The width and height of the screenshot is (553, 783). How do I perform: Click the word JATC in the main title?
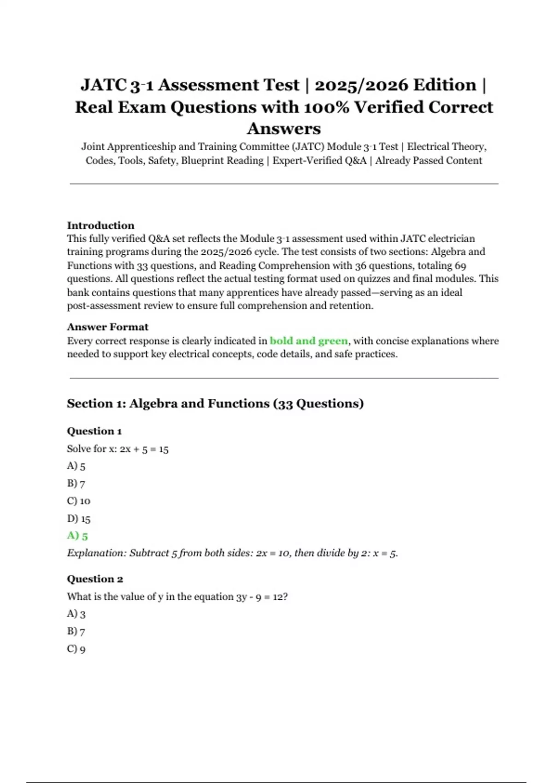point(104,85)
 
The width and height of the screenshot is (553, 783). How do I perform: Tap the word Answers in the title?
point(284,129)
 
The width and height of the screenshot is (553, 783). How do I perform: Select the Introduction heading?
point(100,225)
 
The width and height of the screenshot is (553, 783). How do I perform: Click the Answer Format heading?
point(107,327)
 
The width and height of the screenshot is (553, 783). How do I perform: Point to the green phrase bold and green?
point(309,341)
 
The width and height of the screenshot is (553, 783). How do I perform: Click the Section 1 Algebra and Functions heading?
point(215,403)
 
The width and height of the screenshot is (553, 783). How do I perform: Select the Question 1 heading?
point(94,431)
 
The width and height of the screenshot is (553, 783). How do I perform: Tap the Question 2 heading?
point(94,579)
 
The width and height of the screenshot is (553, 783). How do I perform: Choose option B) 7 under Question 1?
point(76,484)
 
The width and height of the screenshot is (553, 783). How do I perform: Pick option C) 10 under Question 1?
point(78,501)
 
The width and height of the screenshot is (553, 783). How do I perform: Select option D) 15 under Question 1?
point(78,519)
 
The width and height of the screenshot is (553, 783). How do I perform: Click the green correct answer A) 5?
point(77,536)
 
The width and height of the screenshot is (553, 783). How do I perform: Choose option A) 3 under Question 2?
point(76,614)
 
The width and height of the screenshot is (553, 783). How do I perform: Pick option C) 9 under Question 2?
point(76,649)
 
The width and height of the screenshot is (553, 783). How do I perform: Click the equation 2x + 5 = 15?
point(144,449)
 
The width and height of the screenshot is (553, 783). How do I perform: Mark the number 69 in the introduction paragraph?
point(460,266)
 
